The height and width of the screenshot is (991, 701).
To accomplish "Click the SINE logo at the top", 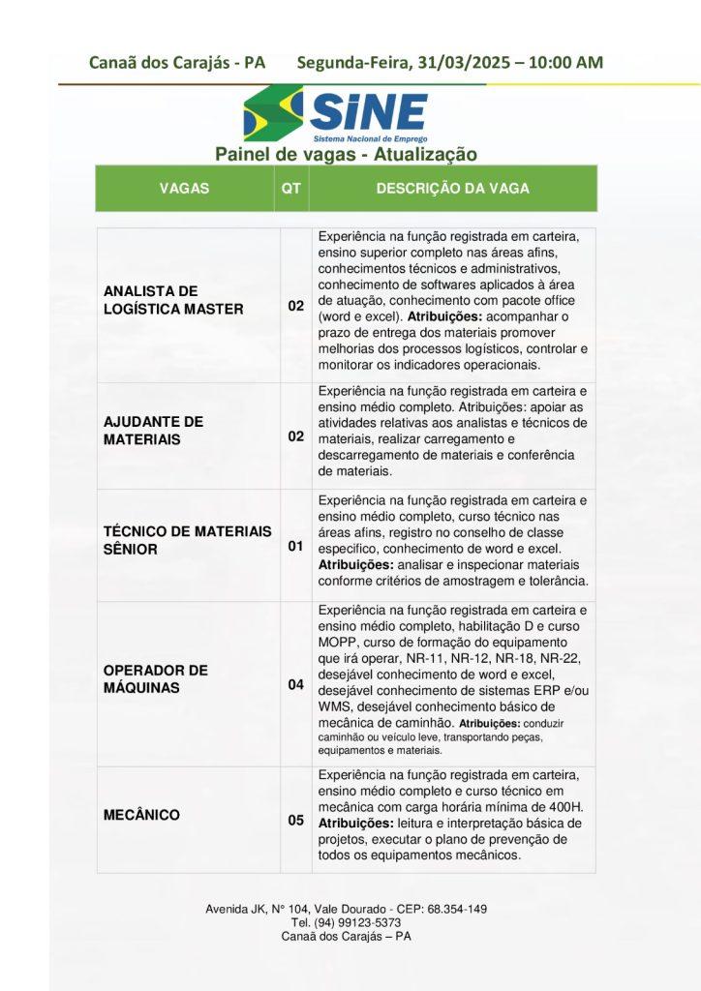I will pos(335,114).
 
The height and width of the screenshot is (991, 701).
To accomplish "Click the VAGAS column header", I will pos(184,189).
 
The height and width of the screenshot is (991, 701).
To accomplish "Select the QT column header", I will pos(290,189).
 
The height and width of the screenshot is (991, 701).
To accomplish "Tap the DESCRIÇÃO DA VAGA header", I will pos(452,189).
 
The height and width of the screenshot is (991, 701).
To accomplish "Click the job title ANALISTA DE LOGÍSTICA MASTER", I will pos(173,300).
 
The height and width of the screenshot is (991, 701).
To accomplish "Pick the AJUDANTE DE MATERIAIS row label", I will pos(153,431).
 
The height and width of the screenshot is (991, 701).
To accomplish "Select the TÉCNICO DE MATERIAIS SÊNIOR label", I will pos(188,540).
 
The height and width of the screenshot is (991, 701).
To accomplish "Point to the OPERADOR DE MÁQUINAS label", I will pos(155,678).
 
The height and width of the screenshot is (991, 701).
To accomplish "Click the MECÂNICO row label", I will pos(141,815).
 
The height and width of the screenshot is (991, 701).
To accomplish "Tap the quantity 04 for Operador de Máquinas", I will pos(295,685).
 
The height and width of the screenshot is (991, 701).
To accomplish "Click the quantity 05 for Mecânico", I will pos(295,821).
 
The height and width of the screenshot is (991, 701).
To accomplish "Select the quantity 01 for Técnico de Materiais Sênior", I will pos(295,547).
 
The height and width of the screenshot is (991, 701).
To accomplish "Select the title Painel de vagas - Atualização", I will pos(346,154).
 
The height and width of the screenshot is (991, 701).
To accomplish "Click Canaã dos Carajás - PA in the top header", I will pos(176,63).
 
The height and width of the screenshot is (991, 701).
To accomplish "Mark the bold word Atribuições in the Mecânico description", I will pos(353,822).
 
